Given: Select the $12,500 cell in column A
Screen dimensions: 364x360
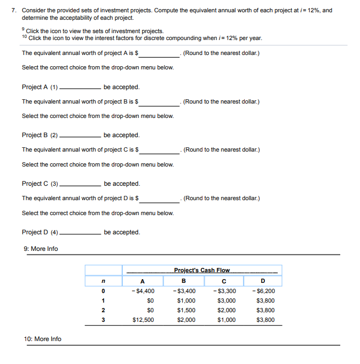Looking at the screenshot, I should (143, 320).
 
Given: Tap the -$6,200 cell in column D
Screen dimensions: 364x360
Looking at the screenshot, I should (265, 291).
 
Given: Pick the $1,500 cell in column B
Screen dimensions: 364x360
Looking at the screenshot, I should (186, 310).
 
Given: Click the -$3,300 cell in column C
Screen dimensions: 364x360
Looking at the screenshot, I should (224, 291).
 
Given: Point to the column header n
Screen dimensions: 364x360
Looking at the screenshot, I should (102, 281).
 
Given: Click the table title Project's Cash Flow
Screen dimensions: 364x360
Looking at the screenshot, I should (202, 270).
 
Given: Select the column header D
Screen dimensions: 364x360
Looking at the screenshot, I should (263, 281).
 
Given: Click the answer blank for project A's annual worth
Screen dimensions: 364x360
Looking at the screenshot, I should (160, 53).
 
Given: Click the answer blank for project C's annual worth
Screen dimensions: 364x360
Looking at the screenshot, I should (160, 151).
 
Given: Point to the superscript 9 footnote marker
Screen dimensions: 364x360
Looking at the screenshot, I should (23, 29).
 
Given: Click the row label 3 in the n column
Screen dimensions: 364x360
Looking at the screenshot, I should (102, 320).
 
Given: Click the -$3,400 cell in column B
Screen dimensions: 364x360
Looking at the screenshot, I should (185, 291).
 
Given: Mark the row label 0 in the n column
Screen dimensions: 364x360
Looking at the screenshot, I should (102, 291).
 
